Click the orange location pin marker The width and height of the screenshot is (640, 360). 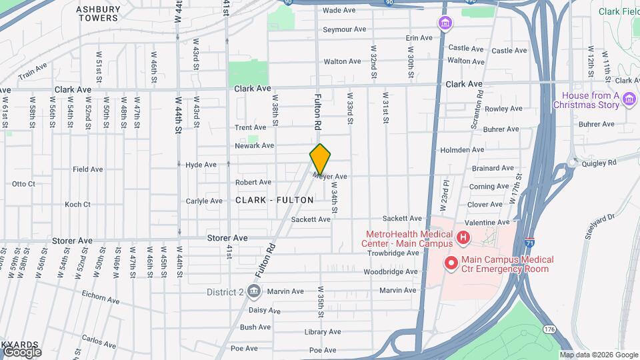pos(320,159)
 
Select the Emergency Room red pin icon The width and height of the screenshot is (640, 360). pos(451,264)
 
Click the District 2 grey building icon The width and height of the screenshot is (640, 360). pos(253,291)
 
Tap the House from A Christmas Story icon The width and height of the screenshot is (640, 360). pos(629,101)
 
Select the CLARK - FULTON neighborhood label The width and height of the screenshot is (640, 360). pos(274,200)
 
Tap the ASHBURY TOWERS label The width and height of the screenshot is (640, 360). pos(97,13)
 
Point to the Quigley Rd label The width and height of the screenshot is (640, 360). pos(600,161)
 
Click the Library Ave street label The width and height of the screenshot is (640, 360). pos(323,332)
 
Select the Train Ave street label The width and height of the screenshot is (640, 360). pos(33,71)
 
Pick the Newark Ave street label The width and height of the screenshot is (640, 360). pos(254,145)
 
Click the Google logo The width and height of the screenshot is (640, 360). pos(21,351)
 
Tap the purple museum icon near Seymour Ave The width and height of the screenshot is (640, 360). pos(445,24)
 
